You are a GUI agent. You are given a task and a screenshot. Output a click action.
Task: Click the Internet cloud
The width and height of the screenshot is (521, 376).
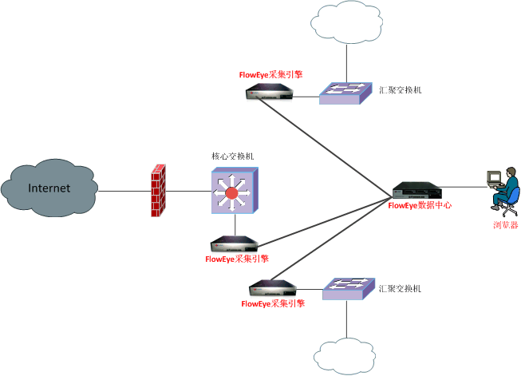click(x=49, y=189)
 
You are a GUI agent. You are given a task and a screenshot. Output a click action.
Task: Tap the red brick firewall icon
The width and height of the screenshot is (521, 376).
click(x=158, y=190)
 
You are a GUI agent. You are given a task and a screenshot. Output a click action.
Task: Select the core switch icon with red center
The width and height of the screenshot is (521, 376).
click(x=233, y=192)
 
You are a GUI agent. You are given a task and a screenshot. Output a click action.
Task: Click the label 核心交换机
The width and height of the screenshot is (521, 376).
click(x=233, y=156)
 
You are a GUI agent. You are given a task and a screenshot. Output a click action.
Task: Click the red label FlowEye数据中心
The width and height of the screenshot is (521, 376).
click(x=420, y=205)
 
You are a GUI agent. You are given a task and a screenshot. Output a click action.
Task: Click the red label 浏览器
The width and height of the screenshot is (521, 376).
click(x=504, y=225)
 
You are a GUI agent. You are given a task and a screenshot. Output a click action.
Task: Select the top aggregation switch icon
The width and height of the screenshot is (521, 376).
click(x=345, y=93)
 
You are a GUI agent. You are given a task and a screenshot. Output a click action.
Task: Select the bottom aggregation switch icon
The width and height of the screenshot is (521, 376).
click(x=349, y=287)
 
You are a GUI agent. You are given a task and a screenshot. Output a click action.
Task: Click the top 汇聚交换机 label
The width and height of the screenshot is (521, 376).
click(x=401, y=90)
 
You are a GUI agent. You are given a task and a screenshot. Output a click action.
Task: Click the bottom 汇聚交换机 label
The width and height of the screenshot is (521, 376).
click(x=402, y=287)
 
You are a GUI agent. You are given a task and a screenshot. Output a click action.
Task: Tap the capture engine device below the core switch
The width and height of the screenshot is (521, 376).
click(x=235, y=243)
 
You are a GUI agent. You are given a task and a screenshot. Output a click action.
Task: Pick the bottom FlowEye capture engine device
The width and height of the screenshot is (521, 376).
click(x=273, y=288)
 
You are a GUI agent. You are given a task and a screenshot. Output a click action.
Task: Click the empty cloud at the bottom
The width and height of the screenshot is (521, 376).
click(x=346, y=354)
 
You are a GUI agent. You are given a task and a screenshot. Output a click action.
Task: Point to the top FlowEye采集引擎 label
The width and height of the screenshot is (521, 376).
click(x=271, y=74)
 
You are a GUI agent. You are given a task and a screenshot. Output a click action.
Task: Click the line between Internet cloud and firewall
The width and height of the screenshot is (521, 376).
click(x=123, y=191)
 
